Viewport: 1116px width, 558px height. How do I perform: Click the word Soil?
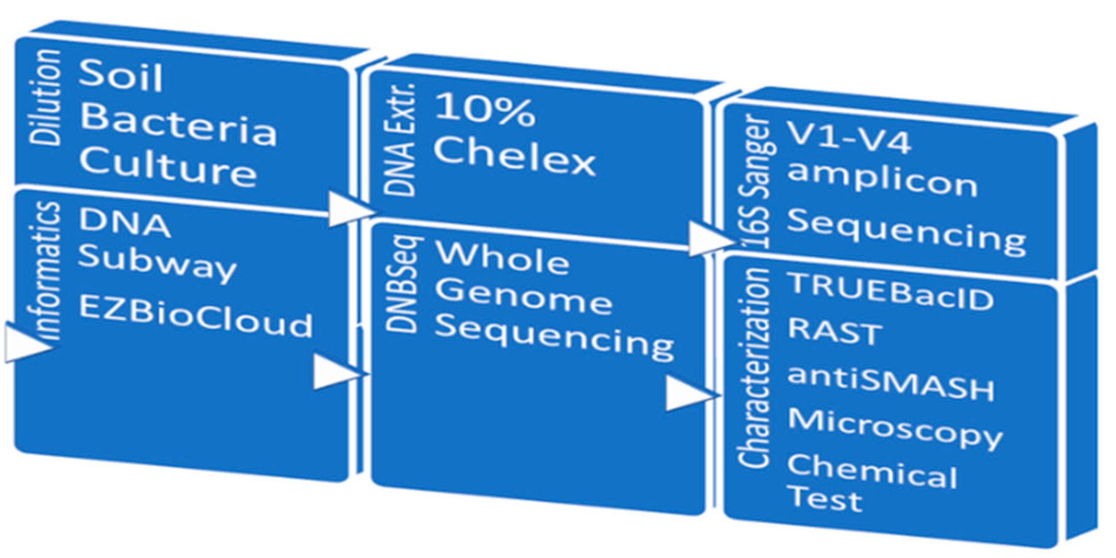point(121,76)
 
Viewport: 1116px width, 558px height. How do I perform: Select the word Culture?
point(168,167)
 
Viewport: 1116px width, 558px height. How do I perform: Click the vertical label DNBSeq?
point(402,285)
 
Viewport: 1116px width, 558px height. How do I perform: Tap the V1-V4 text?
point(849,139)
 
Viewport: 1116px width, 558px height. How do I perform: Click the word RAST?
point(835,332)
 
